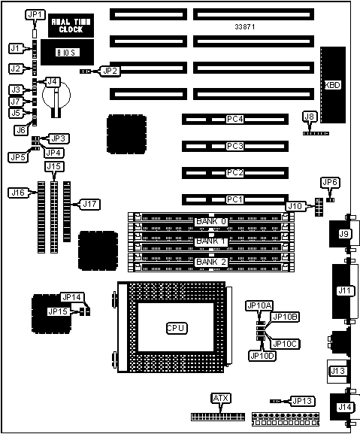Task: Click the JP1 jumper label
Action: pyautogui.click(x=35, y=15)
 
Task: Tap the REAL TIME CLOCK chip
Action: pyautogui.click(x=71, y=26)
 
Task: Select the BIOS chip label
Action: pyautogui.click(x=68, y=53)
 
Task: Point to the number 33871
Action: pyautogui.click(x=245, y=27)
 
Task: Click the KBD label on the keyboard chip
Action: pyautogui.click(x=333, y=85)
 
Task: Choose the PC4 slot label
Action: pyautogui.click(x=234, y=120)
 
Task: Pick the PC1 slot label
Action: pyautogui.click(x=234, y=199)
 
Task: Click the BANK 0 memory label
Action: pyautogui.click(x=211, y=221)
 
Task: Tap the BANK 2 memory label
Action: pyautogui.click(x=211, y=262)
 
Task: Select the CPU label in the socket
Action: pyautogui.click(x=177, y=328)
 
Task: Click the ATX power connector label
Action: pyautogui.click(x=221, y=399)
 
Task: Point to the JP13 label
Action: pyautogui.click(x=302, y=401)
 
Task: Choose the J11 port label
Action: pyautogui.click(x=344, y=290)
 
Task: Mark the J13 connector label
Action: pyautogui.click(x=337, y=371)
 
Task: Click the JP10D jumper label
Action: pyautogui.click(x=262, y=356)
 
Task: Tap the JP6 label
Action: pyautogui.click(x=330, y=183)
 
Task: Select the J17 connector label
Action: pyautogui.click(x=90, y=205)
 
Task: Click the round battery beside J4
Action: pyautogui.click(x=56, y=96)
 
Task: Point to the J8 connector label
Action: pyautogui.click(x=309, y=117)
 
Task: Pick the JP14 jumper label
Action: pyautogui.click(x=72, y=298)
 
